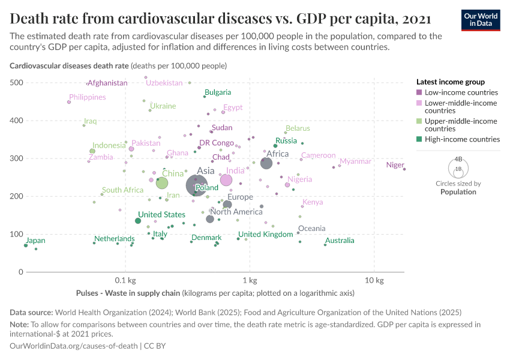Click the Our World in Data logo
coord(481,20)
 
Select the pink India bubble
coord(226,180)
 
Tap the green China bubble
coord(162,183)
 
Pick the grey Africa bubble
coord(266,163)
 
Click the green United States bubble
coord(138,221)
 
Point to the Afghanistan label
coord(107,83)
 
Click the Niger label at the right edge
coord(395,165)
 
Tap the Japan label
coord(36,241)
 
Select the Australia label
coord(340,241)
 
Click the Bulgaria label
coord(218,92)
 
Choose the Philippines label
coord(88,97)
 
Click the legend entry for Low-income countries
coord(461,92)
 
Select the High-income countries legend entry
coord(462,139)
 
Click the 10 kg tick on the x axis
coord(374,280)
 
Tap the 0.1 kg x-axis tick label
coord(125,280)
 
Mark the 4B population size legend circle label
coord(458,160)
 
